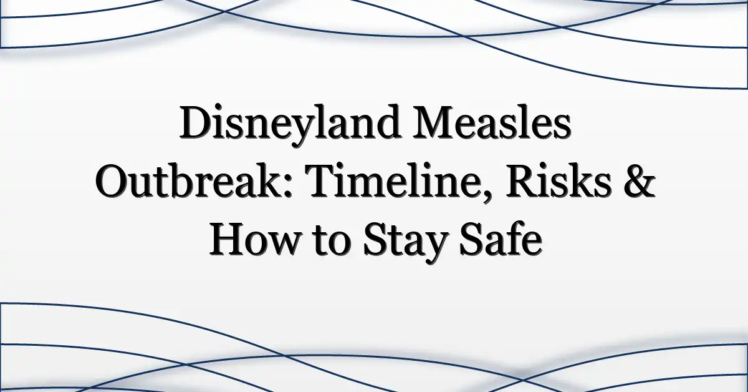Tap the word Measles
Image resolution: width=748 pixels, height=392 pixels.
tap(492, 122)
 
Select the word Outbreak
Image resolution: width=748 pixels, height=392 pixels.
tap(191, 180)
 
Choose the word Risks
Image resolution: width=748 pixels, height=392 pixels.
tap(558, 180)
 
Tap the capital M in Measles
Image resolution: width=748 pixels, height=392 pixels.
tap(435, 122)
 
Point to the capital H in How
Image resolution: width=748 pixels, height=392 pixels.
tap(229, 238)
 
